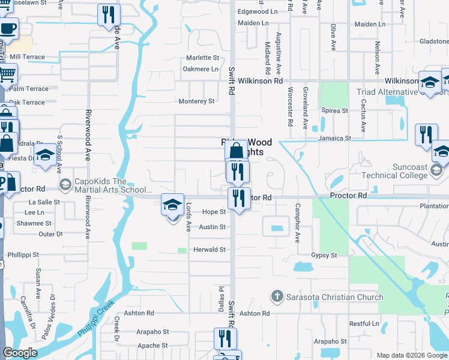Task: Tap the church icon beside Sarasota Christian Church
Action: coord(277,296)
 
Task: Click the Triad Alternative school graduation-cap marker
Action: coord(429,84)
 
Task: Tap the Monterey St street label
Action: coord(196,101)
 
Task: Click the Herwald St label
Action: coord(209,250)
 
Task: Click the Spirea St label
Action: coord(335,111)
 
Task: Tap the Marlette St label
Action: coord(202,58)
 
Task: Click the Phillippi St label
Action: coord(20,254)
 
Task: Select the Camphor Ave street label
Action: coord(297,223)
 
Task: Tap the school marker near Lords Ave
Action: coord(172,205)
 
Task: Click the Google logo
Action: coord(20,353)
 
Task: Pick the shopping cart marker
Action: coord(7,75)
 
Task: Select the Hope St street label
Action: coord(214,212)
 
